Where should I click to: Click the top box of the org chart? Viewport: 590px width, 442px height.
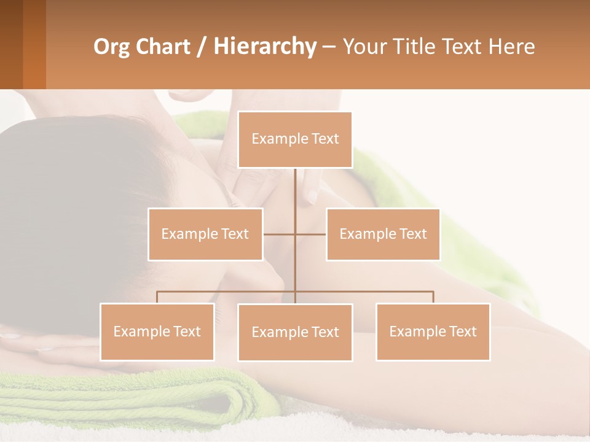click(295, 139)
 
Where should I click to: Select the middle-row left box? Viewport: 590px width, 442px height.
click(205, 234)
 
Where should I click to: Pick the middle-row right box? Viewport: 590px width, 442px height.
click(383, 234)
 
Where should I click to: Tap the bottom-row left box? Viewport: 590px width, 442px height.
click(157, 331)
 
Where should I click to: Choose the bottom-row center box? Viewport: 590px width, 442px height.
click(295, 332)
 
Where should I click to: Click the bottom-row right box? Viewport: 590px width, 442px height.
click(433, 331)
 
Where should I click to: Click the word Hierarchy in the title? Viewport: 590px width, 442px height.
click(265, 47)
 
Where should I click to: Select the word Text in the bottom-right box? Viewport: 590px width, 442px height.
click(462, 331)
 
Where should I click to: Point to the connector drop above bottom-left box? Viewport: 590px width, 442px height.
click(157, 297)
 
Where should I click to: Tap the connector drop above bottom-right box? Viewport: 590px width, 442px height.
click(433, 297)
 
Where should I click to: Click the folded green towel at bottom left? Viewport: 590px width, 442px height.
click(123, 399)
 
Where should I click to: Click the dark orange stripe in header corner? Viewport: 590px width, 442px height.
click(34, 44)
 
